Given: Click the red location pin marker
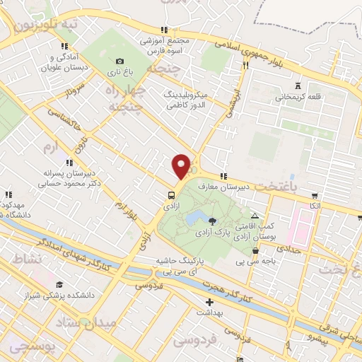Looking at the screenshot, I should [181, 165].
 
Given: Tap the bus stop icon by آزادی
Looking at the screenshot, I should [172, 195].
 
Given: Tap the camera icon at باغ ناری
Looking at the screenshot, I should [119, 62].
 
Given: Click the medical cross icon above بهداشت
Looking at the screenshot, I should [209, 302].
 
